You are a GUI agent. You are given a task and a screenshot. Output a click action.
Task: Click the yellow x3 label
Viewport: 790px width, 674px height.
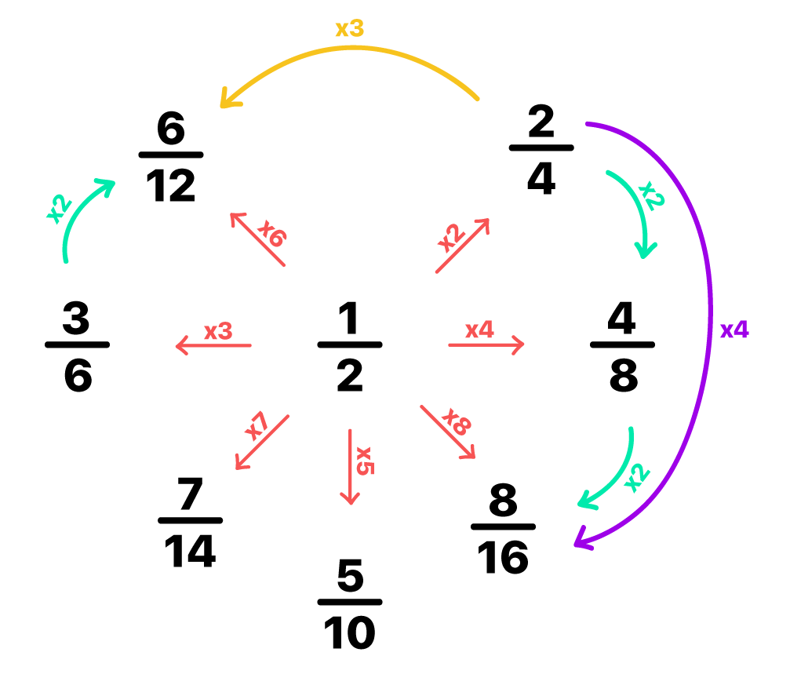tap(349, 29)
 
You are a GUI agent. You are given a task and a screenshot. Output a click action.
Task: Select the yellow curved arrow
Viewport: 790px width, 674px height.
tap(353, 49)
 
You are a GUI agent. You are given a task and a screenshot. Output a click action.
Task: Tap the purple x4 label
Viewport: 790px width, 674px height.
tap(734, 330)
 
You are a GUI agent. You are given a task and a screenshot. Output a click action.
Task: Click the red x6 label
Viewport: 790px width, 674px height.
tap(273, 233)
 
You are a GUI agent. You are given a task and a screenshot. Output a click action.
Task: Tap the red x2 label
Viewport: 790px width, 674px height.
tap(450, 238)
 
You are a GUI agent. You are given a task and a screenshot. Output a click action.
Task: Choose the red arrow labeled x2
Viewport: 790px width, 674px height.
tap(463, 246)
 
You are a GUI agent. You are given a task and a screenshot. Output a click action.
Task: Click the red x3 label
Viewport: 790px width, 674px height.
tap(218, 331)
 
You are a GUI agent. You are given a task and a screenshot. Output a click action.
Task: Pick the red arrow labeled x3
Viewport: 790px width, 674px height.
tap(213, 345)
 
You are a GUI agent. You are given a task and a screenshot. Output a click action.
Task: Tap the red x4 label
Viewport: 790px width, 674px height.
tap(479, 330)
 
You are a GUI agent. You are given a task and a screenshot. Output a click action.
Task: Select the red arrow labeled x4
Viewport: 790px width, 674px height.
tap(486, 344)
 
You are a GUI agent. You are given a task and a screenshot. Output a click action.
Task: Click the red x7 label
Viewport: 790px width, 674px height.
tap(257, 426)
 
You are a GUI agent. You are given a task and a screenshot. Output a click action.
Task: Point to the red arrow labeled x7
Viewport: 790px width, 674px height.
tap(263, 443)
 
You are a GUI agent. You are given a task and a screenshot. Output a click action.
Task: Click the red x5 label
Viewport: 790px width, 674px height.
tap(365, 461)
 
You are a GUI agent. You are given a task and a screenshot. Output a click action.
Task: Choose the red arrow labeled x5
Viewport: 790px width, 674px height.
tap(350, 467)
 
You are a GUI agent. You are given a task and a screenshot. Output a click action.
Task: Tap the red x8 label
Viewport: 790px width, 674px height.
tap(456, 421)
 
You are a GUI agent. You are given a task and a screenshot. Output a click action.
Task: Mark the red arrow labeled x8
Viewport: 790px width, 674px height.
tap(447, 432)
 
